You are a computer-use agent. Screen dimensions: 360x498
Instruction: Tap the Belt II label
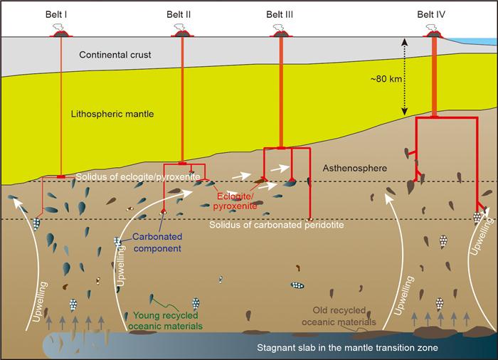pyautogui.click(x=182, y=14)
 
